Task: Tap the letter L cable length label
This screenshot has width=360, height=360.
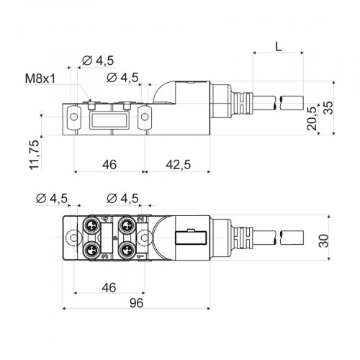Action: (279, 46)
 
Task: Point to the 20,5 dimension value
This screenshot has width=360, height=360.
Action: (311, 119)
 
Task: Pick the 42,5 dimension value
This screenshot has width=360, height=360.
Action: (176, 164)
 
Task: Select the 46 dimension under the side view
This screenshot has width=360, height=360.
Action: (109, 164)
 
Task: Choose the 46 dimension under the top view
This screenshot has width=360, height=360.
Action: (109, 287)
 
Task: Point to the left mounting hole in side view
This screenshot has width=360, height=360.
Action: (73, 113)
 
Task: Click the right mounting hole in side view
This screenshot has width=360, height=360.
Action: (144, 113)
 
